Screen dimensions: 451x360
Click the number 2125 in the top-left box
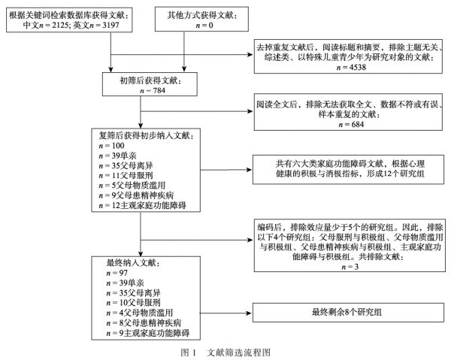coord(59,26)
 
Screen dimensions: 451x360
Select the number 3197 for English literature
coord(111,26)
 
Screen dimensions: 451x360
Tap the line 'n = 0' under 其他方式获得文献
coord(204,26)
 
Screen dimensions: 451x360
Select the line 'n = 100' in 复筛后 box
coord(111,146)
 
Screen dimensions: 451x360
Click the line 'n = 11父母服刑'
coord(126,175)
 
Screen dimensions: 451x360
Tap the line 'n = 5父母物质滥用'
coord(132,186)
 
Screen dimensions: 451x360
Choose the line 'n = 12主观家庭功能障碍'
coord(142,205)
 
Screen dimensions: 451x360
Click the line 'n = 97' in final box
coord(117,273)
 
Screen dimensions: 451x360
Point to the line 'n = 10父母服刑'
coord(134,303)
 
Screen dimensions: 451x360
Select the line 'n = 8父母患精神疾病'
coord(144,323)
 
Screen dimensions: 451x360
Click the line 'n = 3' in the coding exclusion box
coord(350,267)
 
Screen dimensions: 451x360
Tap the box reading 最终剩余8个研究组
coord(348,312)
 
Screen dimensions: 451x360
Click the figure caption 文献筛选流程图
coord(239,352)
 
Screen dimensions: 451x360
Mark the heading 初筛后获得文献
coord(150,81)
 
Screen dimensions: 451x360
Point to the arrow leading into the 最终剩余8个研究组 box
coord(226,313)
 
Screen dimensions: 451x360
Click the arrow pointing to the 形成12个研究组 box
coord(226,170)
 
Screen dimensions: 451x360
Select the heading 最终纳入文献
coord(133,263)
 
